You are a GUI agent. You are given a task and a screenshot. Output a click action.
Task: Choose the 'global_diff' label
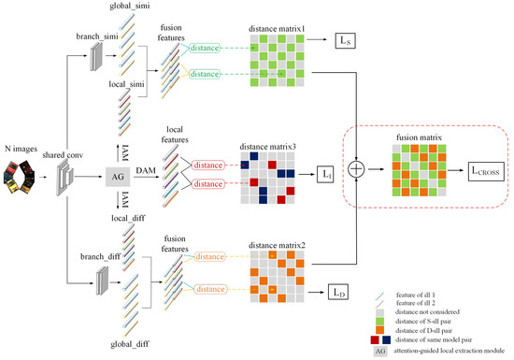coord(132,344)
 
